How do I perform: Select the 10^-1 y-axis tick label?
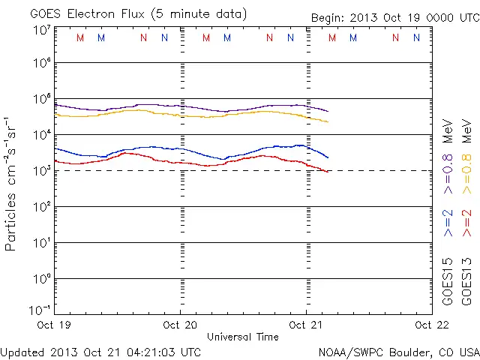tap(40, 309)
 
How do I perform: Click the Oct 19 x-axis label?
tap(55, 325)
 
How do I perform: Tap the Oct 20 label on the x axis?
tap(180, 325)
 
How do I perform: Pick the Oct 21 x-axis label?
tap(306, 325)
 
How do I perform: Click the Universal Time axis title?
tap(243, 337)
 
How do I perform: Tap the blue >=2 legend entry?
tap(448, 223)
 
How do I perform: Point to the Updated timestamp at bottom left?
tap(100, 352)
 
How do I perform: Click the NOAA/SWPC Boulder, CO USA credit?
tap(398, 352)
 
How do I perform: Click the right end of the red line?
tap(328, 172)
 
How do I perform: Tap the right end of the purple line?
tap(328, 111)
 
